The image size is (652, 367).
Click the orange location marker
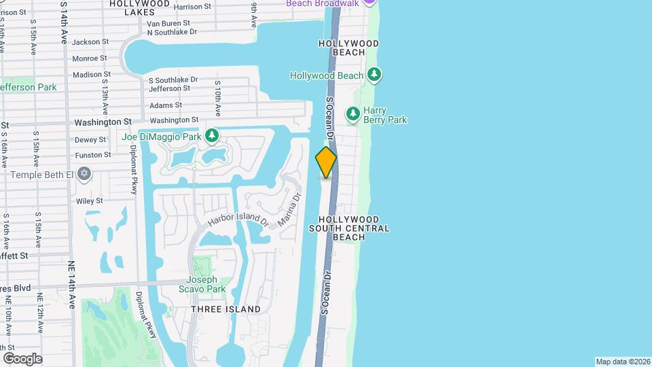[326, 162]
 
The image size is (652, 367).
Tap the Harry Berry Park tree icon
[352, 115]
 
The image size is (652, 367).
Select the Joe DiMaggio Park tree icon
[213, 137]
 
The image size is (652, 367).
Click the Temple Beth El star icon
[84, 175]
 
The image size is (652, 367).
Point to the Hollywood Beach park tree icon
[373, 75]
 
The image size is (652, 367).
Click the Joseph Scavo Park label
[202, 284]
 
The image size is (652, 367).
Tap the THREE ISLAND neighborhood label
[225, 309]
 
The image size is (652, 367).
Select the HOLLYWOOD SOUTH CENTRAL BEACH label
[349, 228]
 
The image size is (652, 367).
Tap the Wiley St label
[89, 200]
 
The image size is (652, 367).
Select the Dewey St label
[90, 139]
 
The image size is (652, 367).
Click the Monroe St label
[90, 58]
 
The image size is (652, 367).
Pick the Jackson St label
[90, 41]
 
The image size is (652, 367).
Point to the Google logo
[22, 358]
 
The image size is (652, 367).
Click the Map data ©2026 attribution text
[622, 362]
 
